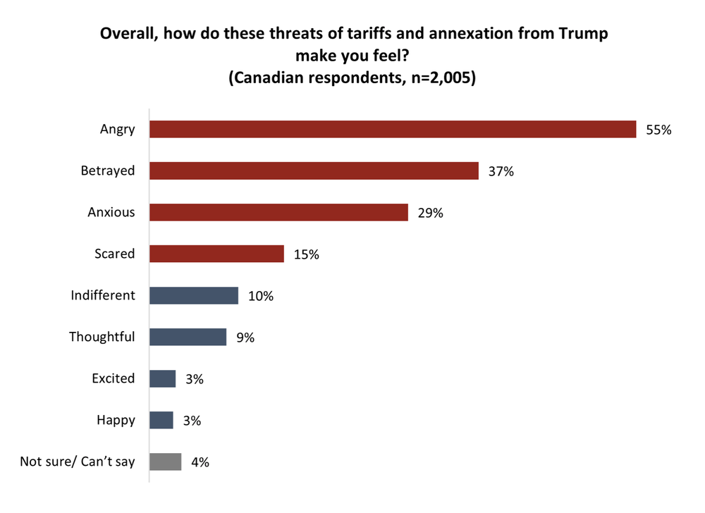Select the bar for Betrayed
pyautogui.click(x=314, y=171)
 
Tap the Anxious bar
pyautogui.click(x=278, y=213)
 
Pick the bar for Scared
pyautogui.click(x=216, y=254)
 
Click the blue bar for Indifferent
pyautogui.click(x=194, y=295)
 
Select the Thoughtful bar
pyautogui.click(x=188, y=337)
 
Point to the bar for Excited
pyautogui.click(x=162, y=378)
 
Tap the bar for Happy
pyautogui.click(x=161, y=420)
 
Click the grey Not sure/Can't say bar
pyautogui.click(x=165, y=462)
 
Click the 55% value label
pyautogui.click(x=659, y=130)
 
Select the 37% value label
pyautogui.click(x=501, y=171)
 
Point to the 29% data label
pyautogui.click(x=430, y=213)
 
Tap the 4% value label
pyautogui.click(x=200, y=462)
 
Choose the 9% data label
pyautogui.click(x=245, y=338)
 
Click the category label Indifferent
pyautogui.click(x=102, y=295)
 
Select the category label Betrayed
pyautogui.click(x=107, y=171)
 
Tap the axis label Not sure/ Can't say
pyautogui.click(x=78, y=462)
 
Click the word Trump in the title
pyautogui.click(x=583, y=32)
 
